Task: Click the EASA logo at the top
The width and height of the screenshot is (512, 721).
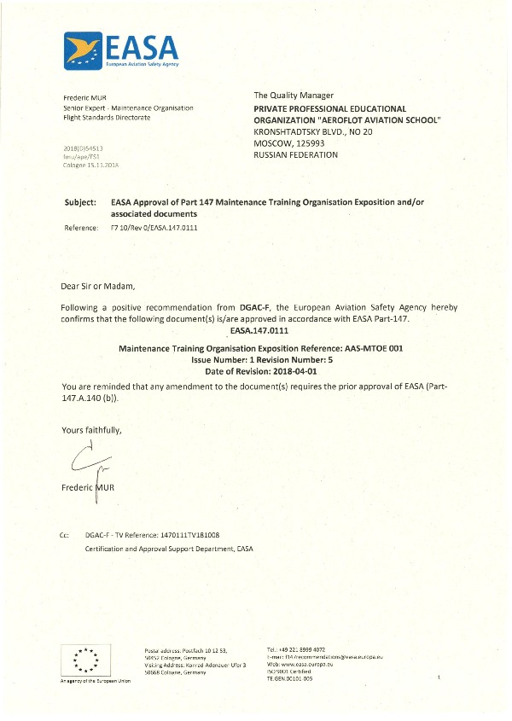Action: click(120, 49)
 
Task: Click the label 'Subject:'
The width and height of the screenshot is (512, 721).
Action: click(81, 201)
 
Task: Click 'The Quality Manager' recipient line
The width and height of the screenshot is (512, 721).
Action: click(294, 95)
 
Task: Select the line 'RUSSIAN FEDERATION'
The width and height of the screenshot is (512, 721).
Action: click(296, 155)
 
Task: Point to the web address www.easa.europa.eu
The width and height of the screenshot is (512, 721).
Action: click(314, 664)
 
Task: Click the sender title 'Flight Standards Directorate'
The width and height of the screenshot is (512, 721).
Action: click(107, 118)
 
